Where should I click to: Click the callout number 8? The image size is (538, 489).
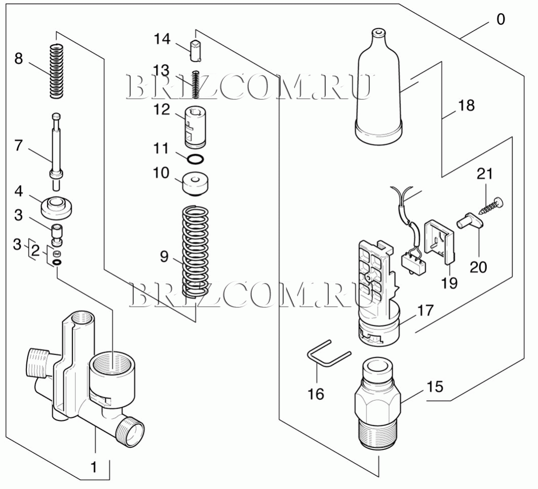(19, 59)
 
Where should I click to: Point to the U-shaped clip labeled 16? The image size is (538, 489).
(329, 354)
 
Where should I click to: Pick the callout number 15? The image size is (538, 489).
(435, 387)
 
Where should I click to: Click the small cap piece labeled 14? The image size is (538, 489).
(195, 51)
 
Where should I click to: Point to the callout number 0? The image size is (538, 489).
(501, 19)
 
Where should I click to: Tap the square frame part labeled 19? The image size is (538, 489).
(439, 242)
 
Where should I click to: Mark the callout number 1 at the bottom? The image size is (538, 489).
(93, 467)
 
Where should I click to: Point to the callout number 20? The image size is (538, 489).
(478, 267)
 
